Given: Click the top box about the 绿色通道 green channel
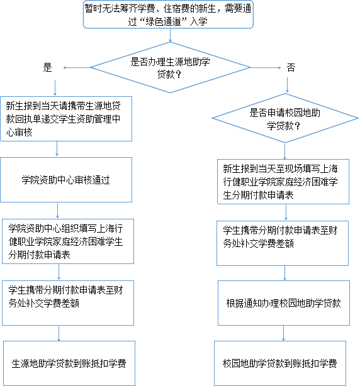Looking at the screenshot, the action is [168, 14].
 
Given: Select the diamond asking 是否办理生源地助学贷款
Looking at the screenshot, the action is [171, 67].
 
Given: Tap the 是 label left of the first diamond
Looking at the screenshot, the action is [48, 67].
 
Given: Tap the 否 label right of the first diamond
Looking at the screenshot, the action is [291, 67].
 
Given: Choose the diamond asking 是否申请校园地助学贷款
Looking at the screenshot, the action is [285, 118].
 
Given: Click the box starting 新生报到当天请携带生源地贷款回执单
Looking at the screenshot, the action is [66, 119].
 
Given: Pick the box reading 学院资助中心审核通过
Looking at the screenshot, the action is [66, 180].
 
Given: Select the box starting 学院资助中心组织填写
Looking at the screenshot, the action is [68, 241].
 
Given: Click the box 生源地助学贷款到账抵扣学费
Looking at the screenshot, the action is [69, 363].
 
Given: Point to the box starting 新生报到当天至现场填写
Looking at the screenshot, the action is [283, 182].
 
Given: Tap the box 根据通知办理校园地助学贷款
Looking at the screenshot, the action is [284, 303].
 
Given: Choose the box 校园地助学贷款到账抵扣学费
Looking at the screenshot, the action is [280, 363].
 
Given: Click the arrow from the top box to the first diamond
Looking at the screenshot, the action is [171, 35].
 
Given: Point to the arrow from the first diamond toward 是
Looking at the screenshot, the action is [77, 67].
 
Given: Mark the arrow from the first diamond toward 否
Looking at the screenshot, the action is [266, 67].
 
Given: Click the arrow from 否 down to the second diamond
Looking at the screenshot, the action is [288, 85].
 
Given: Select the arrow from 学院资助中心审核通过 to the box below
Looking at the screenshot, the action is [58, 211].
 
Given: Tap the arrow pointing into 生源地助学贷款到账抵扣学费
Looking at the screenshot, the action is [59, 333].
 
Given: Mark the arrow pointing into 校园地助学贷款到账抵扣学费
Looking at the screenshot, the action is [284, 333].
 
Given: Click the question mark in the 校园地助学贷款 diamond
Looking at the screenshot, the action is [297, 126].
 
